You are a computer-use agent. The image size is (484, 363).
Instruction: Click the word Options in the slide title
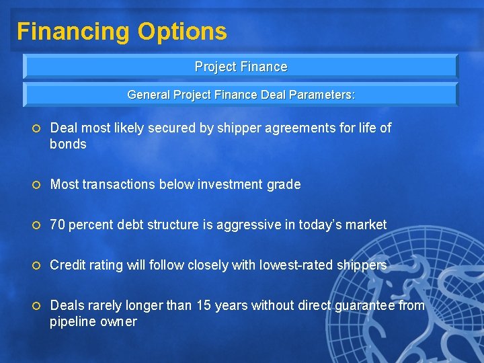[182, 32]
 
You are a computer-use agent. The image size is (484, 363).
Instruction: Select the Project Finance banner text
[241, 67]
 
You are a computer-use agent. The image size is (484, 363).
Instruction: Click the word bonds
[68, 144]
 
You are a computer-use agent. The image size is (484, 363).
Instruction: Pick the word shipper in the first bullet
[237, 128]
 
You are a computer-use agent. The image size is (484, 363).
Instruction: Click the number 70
[58, 225]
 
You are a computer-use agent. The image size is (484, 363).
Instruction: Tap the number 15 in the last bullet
[204, 305]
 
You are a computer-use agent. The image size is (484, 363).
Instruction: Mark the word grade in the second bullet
[285, 184]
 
